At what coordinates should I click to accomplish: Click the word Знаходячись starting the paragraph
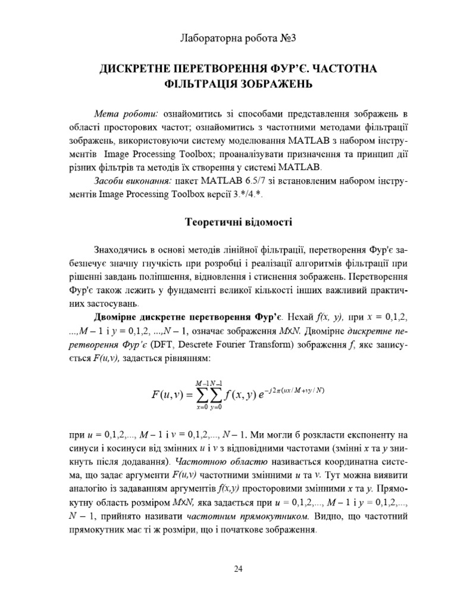(121, 250)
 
